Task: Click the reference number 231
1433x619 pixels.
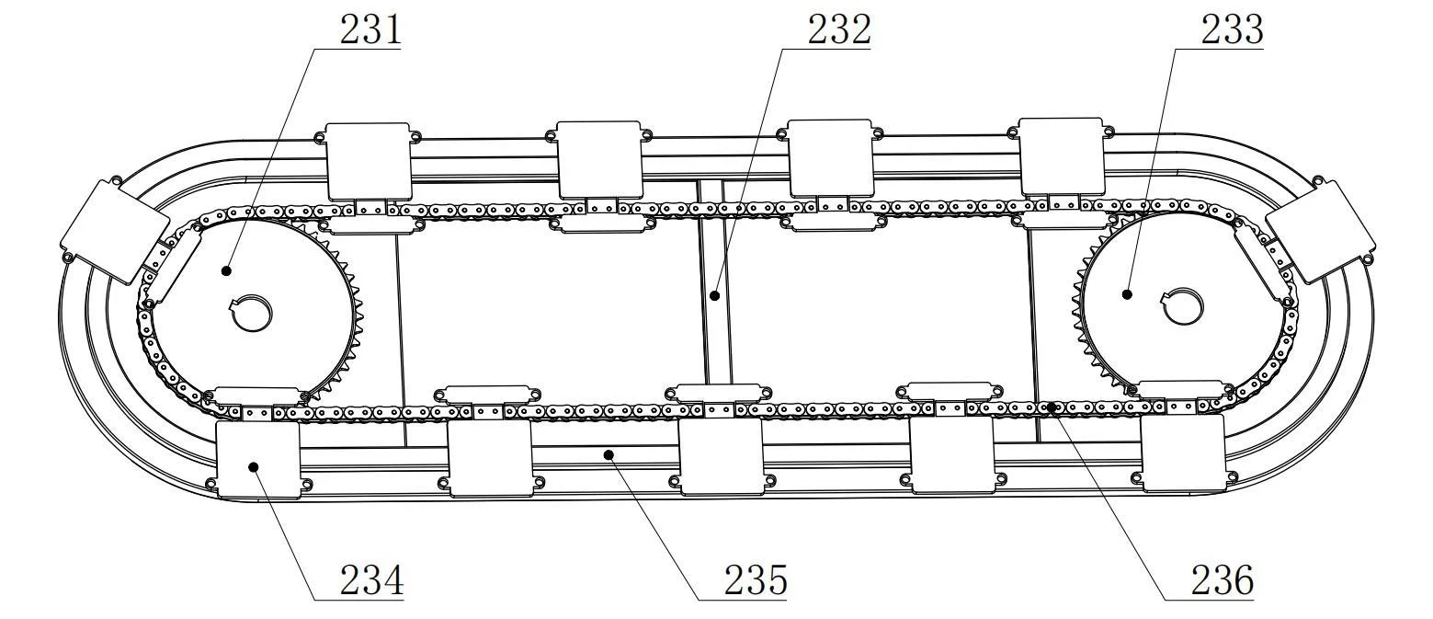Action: click(x=370, y=29)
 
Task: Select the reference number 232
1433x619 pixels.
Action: click(x=838, y=29)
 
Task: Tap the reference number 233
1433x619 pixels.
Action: click(x=1232, y=29)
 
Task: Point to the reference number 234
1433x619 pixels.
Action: click(x=371, y=580)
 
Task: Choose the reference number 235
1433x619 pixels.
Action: click(x=756, y=580)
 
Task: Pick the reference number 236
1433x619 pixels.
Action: click(x=1223, y=580)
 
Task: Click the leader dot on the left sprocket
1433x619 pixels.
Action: click(x=226, y=270)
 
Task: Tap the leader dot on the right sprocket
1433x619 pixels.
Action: click(x=1127, y=294)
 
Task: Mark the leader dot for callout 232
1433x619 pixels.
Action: click(x=715, y=296)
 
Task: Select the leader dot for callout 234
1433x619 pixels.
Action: click(x=254, y=466)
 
